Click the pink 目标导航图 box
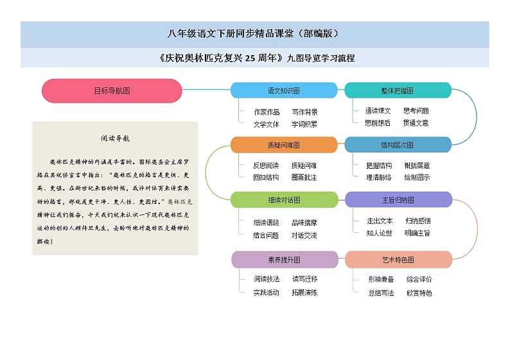[112, 90]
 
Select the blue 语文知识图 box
[283, 90]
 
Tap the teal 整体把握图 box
[398, 90]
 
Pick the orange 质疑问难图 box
[283, 145]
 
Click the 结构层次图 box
[398, 145]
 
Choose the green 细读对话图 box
[283, 200]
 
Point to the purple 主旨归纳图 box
[398, 200]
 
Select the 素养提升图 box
[283, 260]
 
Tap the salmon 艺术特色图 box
[398, 260]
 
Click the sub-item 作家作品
[267, 112]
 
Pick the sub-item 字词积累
[304, 124]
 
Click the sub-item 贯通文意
[416, 123]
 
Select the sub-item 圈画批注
[304, 177]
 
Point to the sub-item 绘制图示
[417, 177]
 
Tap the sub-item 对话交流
[304, 236]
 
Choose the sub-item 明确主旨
[417, 233]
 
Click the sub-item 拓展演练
[304, 293]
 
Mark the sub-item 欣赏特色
[419, 293]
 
